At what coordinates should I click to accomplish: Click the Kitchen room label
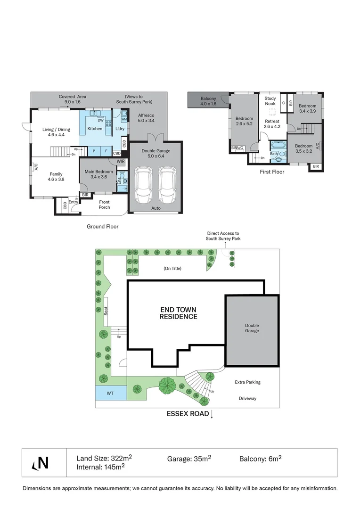point(95,129)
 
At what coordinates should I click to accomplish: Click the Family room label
point(56,176)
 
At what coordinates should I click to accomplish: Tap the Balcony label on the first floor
point(208,101)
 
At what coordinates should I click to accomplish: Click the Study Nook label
point(270,100)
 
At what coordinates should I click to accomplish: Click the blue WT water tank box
point(110,392)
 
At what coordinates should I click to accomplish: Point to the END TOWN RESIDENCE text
point(178,313)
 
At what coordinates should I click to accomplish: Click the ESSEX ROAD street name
point(187,414)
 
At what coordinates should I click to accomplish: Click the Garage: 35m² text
point(189,458)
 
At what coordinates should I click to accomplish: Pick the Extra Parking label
point(247,382)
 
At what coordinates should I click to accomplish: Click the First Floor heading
point(272,172)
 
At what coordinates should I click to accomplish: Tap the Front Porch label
point(104,205)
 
